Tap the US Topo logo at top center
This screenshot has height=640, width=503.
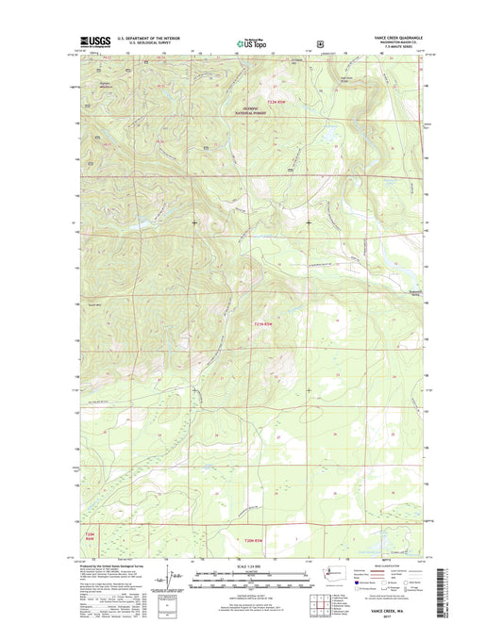(x=250, y=41)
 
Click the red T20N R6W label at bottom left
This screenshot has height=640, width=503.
(x=85, y=536)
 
